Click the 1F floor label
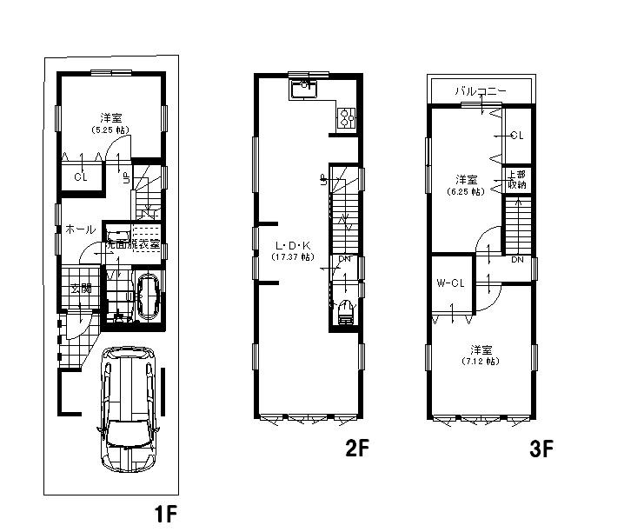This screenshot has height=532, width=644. [166, 513]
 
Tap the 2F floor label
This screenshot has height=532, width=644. [356, 449]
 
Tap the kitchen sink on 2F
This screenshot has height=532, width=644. [304, 87]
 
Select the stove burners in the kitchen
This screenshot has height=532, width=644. [345, 118]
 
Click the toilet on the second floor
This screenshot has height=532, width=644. [346, 309]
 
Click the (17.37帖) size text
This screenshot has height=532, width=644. [288, 257]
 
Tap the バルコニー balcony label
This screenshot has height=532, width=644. [479, 90]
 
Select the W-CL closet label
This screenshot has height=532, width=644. [449, 284]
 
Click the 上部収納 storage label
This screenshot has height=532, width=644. [516, 179]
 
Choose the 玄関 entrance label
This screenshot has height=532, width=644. [81, 289]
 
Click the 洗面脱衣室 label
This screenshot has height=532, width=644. [133, 245]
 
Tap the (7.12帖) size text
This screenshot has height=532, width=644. [481, 360]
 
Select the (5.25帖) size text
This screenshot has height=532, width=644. [110, 129]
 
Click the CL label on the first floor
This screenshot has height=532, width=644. [81, 176]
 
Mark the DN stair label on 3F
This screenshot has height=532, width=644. [516, 260]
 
